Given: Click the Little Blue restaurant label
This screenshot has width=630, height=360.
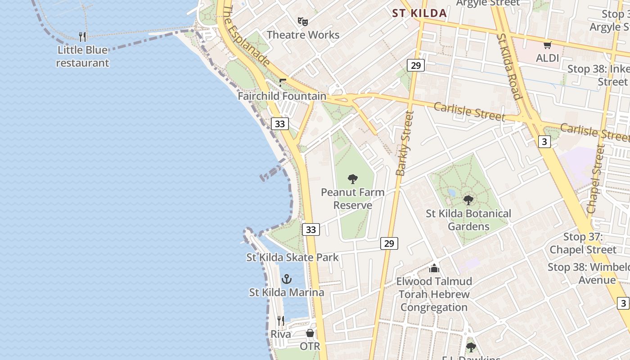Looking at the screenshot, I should [x=82, y=56].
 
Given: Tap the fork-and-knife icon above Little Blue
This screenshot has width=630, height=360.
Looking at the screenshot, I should [x=82, y=36].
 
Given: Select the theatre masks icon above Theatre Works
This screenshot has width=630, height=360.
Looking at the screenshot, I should [x=303, y=21].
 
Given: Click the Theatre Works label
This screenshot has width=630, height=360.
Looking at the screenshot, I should [x=303, y=35].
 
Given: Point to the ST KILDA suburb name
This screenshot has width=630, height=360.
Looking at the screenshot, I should [x=419, y=13].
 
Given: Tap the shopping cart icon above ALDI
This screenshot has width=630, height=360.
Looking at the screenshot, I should [x=548, y=45].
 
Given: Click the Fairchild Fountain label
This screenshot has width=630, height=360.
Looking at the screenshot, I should [x=282, y=96].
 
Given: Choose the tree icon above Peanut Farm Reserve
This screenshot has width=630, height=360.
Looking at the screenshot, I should [x=353, y=179].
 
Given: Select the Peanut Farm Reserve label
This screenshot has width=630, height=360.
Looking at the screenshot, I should [x=353, y=198].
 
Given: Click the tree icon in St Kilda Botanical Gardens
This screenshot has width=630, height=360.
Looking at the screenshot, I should [x=468, y=200].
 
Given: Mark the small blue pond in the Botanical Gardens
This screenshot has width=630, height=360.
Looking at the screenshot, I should [x=451, y=193].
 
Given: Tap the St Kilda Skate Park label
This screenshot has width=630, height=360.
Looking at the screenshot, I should [x=292, y=257].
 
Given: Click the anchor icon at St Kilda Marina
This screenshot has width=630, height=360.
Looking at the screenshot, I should [x=287, y=279].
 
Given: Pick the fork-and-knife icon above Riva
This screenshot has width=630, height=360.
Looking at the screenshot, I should [x=281, y=321].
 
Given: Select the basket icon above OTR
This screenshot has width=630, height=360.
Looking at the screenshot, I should [x=310, y=333].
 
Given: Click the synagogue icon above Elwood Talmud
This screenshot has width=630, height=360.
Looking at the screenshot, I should [x=434, y=268].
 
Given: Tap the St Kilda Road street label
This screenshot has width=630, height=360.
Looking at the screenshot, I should [x=509, y=66].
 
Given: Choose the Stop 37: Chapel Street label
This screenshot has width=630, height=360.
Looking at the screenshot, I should [x=583, y=243].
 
